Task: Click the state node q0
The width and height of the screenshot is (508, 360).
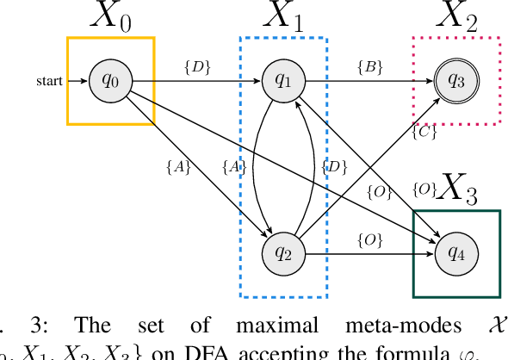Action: point(111,81)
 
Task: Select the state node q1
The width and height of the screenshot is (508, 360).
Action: point(282,81)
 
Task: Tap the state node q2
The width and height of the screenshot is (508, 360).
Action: point(282,253)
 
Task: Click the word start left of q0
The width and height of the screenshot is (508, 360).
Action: point(49,82)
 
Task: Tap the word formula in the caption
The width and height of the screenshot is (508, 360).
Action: point(419,351)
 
